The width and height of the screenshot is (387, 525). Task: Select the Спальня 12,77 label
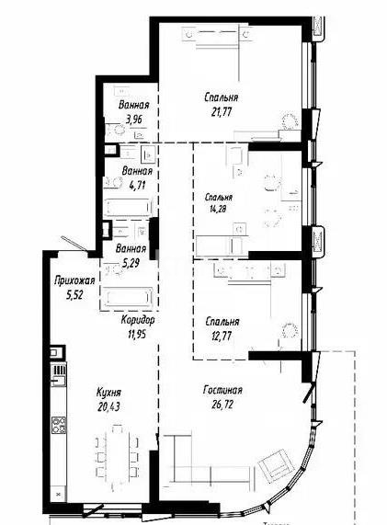click(x=222, y=322)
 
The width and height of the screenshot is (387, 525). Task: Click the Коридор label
click(x=138, y=319)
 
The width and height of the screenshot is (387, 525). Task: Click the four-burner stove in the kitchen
click(x=57, y=425)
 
